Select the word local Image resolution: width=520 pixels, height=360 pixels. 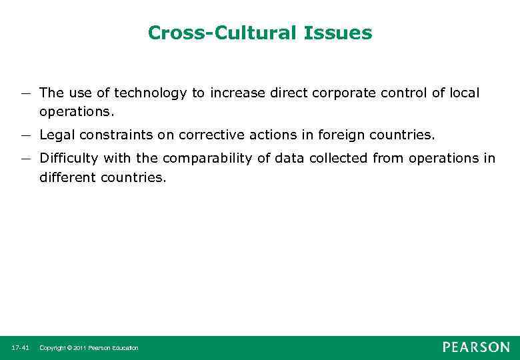pos(463,93)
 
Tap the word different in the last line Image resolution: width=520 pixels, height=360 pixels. pos(67,178)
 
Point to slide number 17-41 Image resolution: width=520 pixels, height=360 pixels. pos(20,348)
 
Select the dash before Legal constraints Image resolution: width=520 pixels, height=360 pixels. pos(25,135)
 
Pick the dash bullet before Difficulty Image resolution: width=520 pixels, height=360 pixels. pos(25,159)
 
